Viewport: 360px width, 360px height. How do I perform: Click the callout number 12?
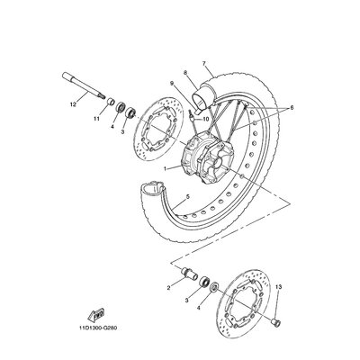(x=73, y=104)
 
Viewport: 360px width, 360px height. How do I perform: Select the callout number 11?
(x=96, y=119)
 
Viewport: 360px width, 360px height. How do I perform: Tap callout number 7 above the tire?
(x=204, y=63)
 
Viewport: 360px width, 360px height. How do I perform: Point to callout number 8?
(x=185, y=72)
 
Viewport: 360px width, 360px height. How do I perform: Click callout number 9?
(x=172, y=83)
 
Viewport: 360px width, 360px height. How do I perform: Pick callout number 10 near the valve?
(x=205, y=119)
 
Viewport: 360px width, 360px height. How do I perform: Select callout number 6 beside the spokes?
(x=292, y=107)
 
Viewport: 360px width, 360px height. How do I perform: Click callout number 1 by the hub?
(x=165, y=169)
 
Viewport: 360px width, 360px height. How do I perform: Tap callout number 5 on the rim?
(x=188, y=196)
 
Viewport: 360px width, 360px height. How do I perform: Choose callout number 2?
(x=168, y=288)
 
